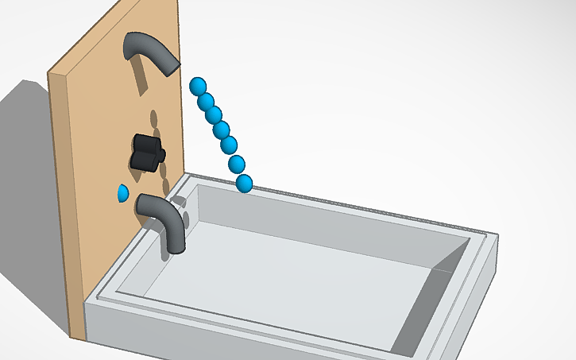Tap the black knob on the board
coord(147,151)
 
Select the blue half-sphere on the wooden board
coord(122,193)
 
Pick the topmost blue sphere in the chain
coord(198,85)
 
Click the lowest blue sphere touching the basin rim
coord(244,184)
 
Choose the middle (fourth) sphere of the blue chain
coord(221,130)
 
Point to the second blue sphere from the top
coord(206,101)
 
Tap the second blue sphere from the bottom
coord(237,165)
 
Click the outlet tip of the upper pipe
coord(170,66)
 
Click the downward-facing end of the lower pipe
coord(176,243)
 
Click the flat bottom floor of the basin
coord(294,278)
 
